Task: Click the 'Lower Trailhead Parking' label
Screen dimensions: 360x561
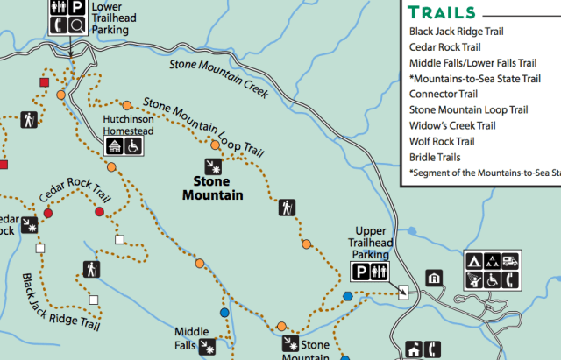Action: (110, 18)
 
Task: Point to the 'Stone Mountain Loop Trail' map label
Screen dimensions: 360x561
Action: (203, 125)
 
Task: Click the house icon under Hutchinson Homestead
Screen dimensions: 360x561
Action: (115, 146)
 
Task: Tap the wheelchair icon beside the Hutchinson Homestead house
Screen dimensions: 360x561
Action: (134, 146)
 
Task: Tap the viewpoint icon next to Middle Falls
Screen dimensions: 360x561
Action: (208, 347)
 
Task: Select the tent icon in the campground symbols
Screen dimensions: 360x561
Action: (472, 260)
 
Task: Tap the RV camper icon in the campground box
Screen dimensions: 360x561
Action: (510, 260)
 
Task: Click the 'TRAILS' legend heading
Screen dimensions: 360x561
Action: (442, 12)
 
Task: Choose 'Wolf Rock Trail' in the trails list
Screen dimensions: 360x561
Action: (442, 141)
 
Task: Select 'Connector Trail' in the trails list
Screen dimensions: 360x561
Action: (443, 94)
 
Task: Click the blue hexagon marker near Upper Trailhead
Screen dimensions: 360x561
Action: (348, 296)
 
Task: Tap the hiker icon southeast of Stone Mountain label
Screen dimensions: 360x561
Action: (287, 208)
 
